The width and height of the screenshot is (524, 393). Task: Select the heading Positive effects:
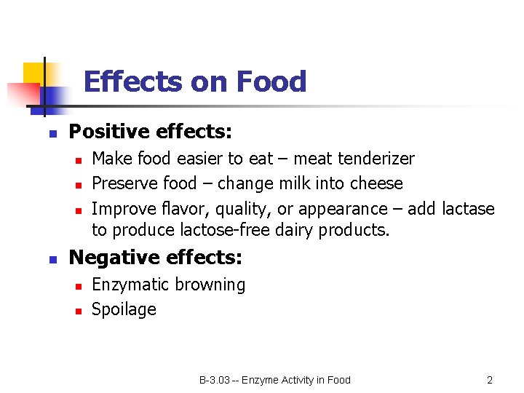(150, 132)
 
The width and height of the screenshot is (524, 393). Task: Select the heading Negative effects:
(155, 258)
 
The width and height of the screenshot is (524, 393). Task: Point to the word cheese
(378, 183)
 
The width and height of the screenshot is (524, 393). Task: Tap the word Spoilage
(124, 309)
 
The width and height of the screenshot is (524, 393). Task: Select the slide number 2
(490, 380)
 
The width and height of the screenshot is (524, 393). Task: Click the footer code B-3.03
(215, 380)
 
